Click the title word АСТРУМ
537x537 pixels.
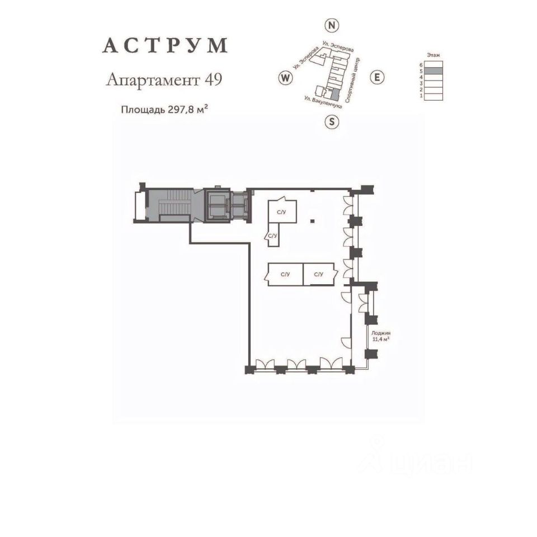[x=164, y=46]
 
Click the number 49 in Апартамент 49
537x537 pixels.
[x=213, y=80]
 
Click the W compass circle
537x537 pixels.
[x=285, y=77]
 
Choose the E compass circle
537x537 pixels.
[x=377, y=77]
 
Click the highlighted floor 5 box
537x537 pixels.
[x=433, y=71]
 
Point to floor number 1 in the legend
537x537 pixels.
[x=420, y=96]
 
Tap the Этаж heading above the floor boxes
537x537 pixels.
[x=433, y=55]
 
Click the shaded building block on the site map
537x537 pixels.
[x=335, y=95]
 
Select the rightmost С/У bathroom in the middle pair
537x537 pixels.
[x=319, y=274]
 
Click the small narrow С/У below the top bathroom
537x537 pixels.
[x=272, y=236]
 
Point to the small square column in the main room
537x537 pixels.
[x=313, y=221]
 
